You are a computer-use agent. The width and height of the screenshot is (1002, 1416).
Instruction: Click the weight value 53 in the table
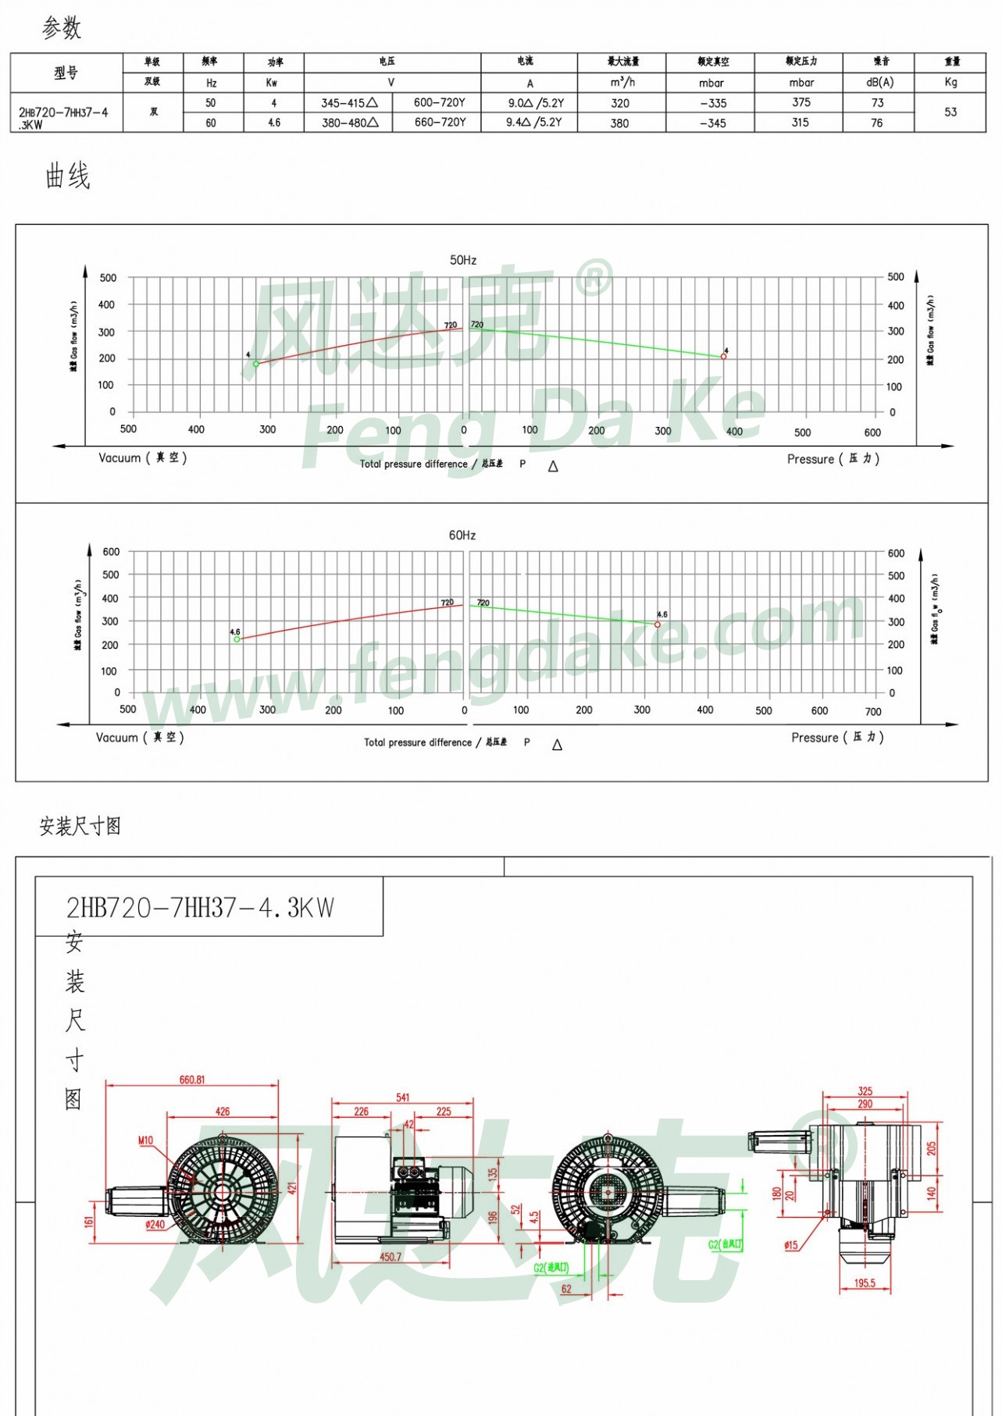[x=950, y=112]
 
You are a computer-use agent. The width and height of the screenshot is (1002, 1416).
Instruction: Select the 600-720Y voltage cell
[x=440, y=102]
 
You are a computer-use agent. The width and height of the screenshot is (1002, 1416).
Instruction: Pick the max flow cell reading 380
[x=620, y=123]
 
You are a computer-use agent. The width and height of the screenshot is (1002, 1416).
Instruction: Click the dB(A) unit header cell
[x=879, y=82]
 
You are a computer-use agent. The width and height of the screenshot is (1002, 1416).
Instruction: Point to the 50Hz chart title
[x=463, y=260]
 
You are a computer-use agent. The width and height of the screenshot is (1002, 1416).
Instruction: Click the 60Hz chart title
[x=462, y=535]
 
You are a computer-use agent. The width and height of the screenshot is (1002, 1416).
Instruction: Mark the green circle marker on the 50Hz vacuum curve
[x=256, y=364]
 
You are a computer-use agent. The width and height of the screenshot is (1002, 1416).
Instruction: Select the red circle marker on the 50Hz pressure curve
[x=724, y=357]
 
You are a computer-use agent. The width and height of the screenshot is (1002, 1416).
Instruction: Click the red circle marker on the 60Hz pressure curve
[x=658, y=624]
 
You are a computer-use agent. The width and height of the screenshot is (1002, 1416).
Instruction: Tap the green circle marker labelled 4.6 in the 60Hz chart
[x=237, y=639]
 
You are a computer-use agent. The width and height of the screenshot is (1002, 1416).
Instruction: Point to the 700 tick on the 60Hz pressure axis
[x=873, y=712]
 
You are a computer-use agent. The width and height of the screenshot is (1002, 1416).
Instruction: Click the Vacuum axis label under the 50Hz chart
[x=142, y=458]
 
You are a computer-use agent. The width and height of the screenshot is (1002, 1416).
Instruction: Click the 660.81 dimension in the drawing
[x=192, y=1080]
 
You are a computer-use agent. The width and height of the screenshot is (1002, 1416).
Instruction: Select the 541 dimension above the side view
[x=403, y=1098]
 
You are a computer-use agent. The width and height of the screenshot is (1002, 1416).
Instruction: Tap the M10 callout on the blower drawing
[x=146, y=1140]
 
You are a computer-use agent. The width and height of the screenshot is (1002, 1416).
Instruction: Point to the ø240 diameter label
[x=155, y=1225]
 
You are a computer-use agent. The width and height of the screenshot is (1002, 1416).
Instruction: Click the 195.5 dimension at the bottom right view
[x=865, y=1283]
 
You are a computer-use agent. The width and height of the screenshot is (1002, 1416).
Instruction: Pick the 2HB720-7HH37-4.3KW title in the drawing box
[x=200, y=908]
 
